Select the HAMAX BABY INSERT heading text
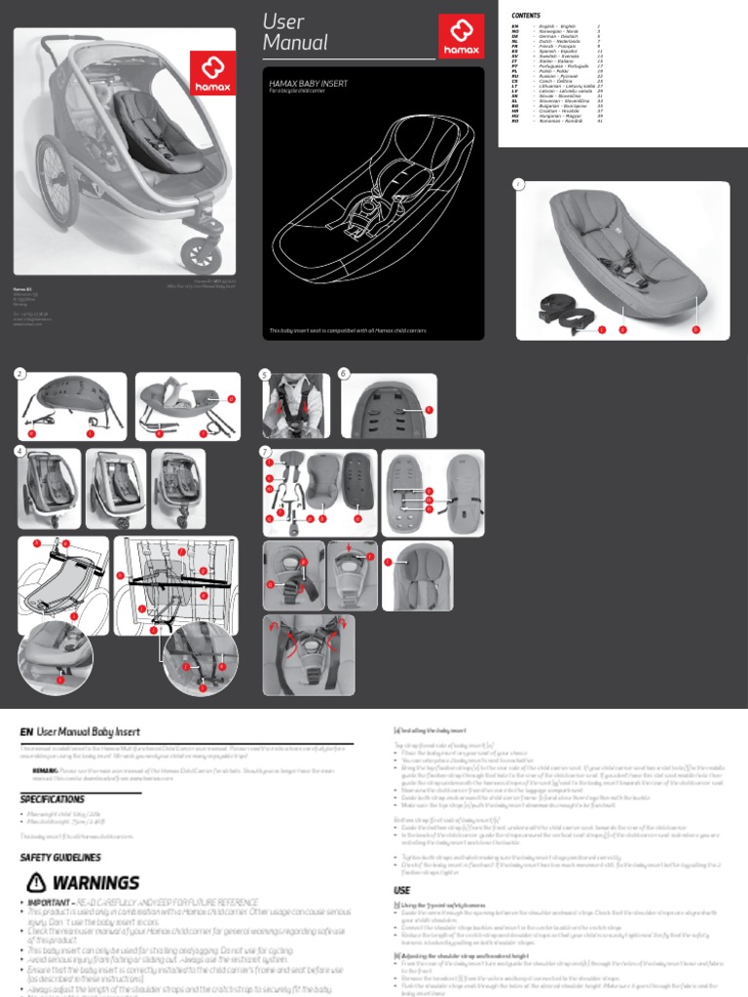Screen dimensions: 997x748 click(308, 85)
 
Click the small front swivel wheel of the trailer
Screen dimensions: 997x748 click(202, 254)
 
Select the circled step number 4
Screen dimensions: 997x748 click(20, 452)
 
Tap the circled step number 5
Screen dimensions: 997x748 click(265, 374)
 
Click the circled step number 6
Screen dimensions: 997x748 click(343, 374)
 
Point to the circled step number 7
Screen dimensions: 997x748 click(265, 452)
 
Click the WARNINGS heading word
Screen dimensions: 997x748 click(95, 883)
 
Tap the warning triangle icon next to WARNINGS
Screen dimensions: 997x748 click(36, 882)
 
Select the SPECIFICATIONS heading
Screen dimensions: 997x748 click(53, 798)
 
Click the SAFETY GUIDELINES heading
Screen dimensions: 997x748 click(60, 858)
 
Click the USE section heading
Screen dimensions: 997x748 click(401, 890)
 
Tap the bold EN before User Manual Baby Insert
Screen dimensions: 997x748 click(27, 731)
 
